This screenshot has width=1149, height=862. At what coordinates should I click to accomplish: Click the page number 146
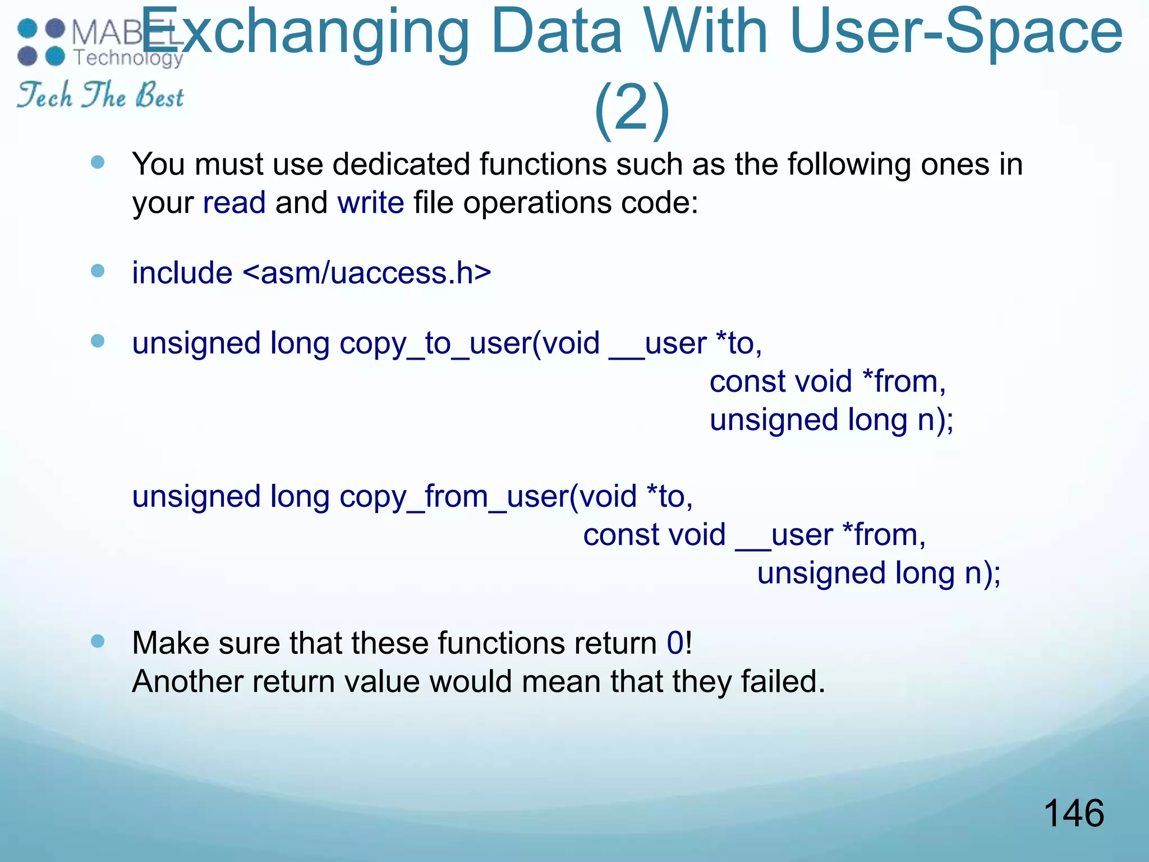point(1073,813)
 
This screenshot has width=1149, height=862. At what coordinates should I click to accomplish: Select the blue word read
point(234,203)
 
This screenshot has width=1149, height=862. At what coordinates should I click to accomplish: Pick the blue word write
point(370,203)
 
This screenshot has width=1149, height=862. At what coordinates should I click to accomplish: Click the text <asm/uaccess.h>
point(367,273)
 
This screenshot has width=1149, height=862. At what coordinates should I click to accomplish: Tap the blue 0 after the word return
point(675,643)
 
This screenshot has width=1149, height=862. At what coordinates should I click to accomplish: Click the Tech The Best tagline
point(100,95)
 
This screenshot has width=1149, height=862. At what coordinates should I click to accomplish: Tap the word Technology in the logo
point(128,57)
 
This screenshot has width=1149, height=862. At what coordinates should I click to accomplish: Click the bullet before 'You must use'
point(98,163)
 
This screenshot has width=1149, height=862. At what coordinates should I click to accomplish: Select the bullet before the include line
point(98,272)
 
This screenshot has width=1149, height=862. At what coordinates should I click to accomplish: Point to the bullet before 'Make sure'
point(98,641)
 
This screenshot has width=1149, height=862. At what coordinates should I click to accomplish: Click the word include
point(182,273)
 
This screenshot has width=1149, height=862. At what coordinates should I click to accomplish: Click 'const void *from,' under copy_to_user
point(828,382)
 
